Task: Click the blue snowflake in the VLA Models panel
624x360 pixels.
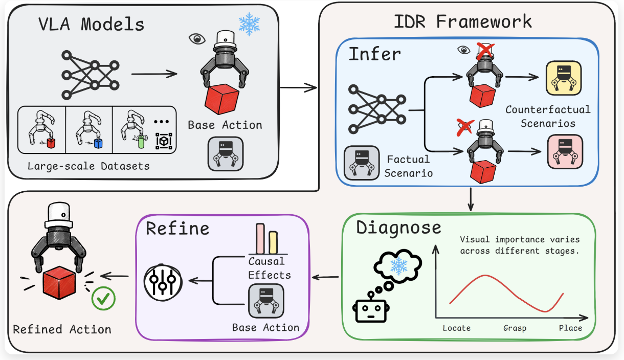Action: (249, 24)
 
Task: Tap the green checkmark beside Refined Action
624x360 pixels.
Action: (103, 299)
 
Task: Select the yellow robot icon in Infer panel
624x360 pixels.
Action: (564, 78)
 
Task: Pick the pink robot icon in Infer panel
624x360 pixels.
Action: (565, 152)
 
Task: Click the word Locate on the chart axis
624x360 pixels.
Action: (457, 328)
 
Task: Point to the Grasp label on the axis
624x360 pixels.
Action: (515, 328)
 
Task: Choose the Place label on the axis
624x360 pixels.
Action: (570, 328)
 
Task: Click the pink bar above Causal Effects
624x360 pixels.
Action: (260, 239)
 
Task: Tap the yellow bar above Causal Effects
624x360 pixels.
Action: (273, 242)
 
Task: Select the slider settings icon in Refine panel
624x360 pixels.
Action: (163, 282)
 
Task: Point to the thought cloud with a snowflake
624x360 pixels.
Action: (398, 266)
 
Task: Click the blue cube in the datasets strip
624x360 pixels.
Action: (98, 143)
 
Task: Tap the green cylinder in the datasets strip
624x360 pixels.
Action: (141, 142)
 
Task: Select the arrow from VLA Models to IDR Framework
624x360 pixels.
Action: (298, 87)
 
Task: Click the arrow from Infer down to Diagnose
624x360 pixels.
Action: (471, 199)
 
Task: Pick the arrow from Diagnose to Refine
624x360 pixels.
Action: (325, 277)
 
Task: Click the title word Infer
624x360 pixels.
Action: (375, 54)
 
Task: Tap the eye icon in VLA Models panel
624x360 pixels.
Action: (197, 39)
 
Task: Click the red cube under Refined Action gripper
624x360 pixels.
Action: (59, 282)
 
